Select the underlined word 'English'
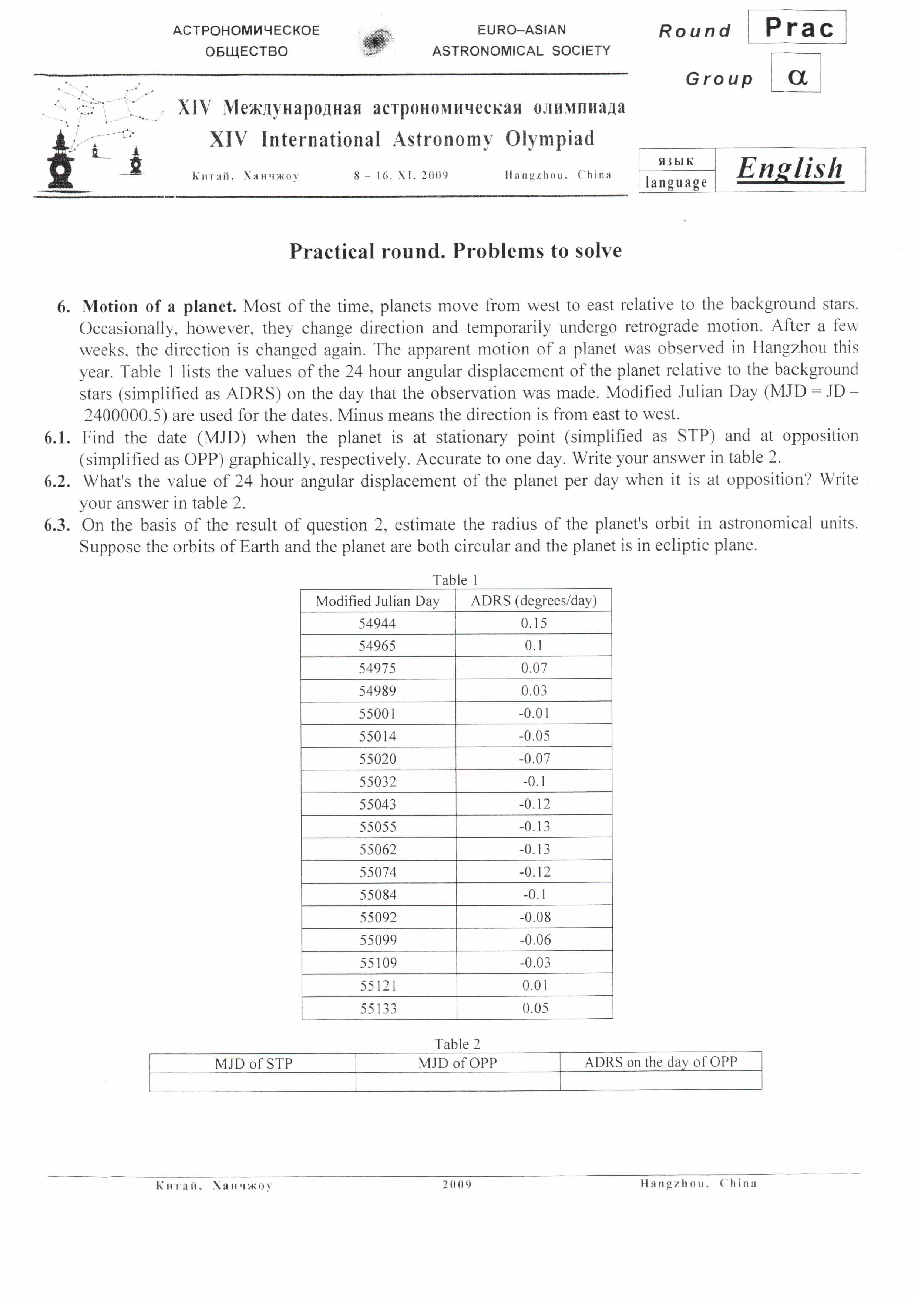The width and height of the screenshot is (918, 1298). pos(790,168)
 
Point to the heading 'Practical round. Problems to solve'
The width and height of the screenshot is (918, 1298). pos(455,251)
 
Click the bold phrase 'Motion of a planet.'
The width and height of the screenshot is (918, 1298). pos(159,306)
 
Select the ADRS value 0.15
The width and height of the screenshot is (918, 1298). pos(534,623)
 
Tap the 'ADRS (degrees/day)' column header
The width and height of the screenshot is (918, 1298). pos(534,601)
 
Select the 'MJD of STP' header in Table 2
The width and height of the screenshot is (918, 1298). pos(253,1064)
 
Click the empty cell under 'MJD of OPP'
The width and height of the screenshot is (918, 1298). pos(457,1081)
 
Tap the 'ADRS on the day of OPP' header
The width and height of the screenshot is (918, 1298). pos(661,1062)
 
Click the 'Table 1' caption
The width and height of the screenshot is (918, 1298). pos(455,580)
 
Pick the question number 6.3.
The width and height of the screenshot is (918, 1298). pos(57,525)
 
